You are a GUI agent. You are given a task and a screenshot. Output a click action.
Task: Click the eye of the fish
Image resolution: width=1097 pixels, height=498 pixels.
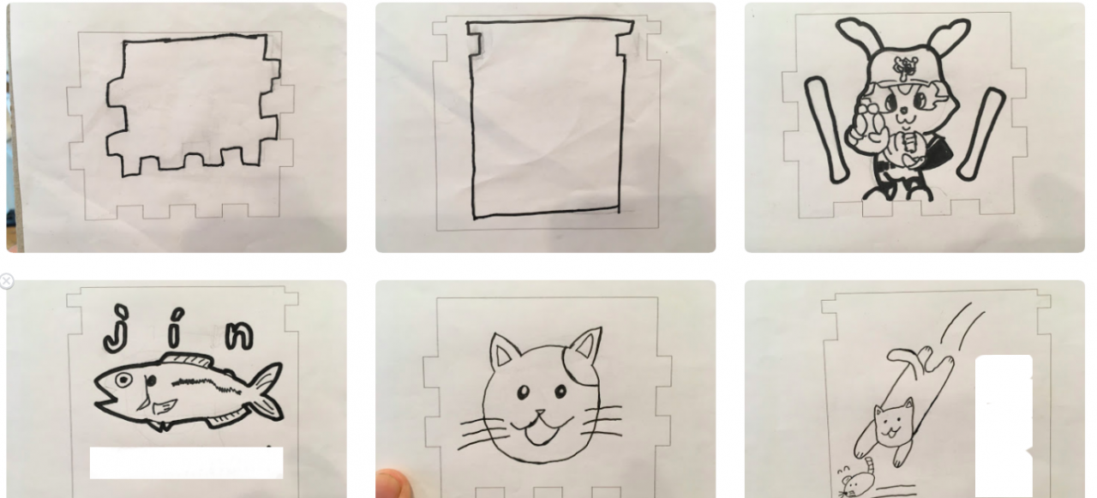(123, 381)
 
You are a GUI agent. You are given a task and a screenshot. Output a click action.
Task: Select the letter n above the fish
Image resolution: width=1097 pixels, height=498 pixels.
(239, 335)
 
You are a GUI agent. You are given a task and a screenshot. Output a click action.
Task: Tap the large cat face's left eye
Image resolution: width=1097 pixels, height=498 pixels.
(524, 393)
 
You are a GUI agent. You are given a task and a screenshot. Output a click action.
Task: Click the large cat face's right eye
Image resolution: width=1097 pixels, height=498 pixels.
(561, 391)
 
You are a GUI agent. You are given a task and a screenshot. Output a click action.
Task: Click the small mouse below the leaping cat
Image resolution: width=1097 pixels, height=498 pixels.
(856, 481)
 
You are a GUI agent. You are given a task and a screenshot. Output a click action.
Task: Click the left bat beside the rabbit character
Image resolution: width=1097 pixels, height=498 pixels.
(825, 129)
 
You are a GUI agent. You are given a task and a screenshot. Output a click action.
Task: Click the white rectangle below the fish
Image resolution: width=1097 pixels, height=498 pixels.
(186, 463)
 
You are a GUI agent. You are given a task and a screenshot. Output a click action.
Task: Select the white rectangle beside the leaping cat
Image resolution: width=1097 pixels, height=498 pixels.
(1004, 427)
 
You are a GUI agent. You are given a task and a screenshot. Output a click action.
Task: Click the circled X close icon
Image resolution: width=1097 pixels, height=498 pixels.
(6, 281)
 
